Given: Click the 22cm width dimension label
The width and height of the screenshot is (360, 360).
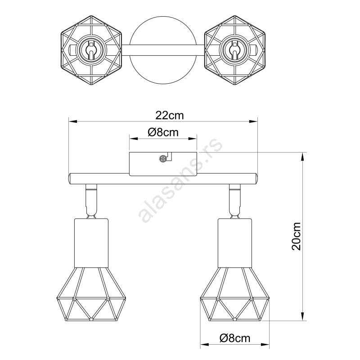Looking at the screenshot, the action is point(170,115).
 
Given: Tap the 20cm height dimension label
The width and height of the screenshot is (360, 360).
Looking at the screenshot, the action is point(296,236).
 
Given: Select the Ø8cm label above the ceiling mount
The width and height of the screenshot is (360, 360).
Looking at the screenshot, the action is point(163,132).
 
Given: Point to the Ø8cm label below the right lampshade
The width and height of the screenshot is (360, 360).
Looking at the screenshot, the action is point(235,338).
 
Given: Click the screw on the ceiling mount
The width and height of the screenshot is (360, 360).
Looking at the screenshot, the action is point(162,159).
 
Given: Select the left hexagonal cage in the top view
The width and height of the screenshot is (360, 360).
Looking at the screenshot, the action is point(91,50).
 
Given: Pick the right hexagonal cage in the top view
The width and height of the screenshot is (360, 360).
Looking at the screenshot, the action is point(235,50).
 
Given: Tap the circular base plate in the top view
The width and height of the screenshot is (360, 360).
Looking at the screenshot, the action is point(163,50).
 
